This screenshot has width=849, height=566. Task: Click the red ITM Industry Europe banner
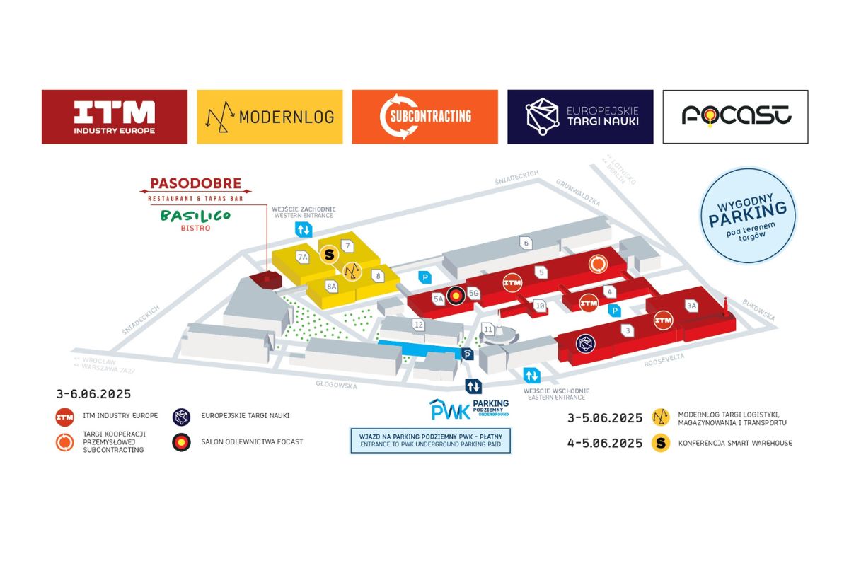coord(115,117)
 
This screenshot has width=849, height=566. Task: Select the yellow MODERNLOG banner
coord(270,117)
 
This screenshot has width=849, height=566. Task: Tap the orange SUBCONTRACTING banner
coord(424,117)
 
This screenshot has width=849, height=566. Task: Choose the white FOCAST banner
coord(735,117)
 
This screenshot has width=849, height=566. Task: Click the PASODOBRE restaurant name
coord(195,184)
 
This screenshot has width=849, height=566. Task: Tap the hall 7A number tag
coord(303,257)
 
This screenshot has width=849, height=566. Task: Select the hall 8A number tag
coord(330,287)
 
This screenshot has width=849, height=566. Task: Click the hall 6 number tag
coord(525,243)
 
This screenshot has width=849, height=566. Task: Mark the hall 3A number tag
coord(691,306)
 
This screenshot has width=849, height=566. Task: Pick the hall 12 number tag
coord(419,325)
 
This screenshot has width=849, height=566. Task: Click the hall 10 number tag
coord(540,306)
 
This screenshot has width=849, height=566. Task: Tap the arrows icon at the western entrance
coord(303,229)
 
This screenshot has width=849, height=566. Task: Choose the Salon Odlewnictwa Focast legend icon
coord(182,442)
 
